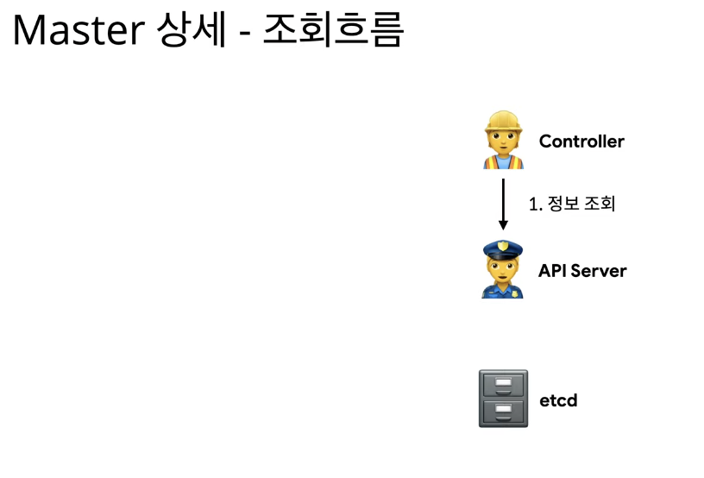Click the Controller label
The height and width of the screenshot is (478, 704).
(581, 142)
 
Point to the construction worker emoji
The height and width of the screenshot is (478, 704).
(503, 140)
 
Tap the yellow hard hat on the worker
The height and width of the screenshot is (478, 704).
(503, 121)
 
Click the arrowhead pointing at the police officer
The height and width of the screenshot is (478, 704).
(503, 224)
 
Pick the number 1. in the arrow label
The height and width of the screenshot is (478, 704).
(535, 204)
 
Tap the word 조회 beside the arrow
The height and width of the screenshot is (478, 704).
(600, 204)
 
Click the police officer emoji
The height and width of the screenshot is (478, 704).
(502, 269)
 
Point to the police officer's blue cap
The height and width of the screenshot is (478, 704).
(502, 249)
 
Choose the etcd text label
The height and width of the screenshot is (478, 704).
(558, 401)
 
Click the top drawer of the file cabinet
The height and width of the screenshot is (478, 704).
(503, 385)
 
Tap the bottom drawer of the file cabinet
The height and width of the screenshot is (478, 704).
(503, 411)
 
